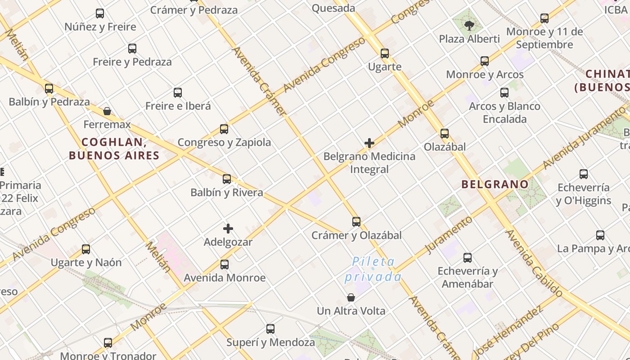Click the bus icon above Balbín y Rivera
coord(227,179)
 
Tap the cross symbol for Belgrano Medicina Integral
coord(369,143)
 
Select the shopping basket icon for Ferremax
coord(107,111)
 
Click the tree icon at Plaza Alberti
coord(469,25)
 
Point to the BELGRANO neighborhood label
coord(495,184)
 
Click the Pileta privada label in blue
coord(373,269)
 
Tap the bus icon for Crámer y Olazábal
coord(356,222)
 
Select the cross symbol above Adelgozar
coord(228,229)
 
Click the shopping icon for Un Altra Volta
coord(351,297)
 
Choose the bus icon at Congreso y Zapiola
coord(224,130)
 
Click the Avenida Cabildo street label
coord(534,263)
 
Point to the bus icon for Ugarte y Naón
coord(86,249)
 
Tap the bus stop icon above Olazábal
coord(445,134)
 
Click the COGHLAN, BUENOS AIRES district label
coord(114,149)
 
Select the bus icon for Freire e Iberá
coord(178,93)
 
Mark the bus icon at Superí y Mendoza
coord(270,329)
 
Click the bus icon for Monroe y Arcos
coord(485,61)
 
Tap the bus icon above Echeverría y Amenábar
coord(468,258)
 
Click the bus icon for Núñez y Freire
coord(100,13)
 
